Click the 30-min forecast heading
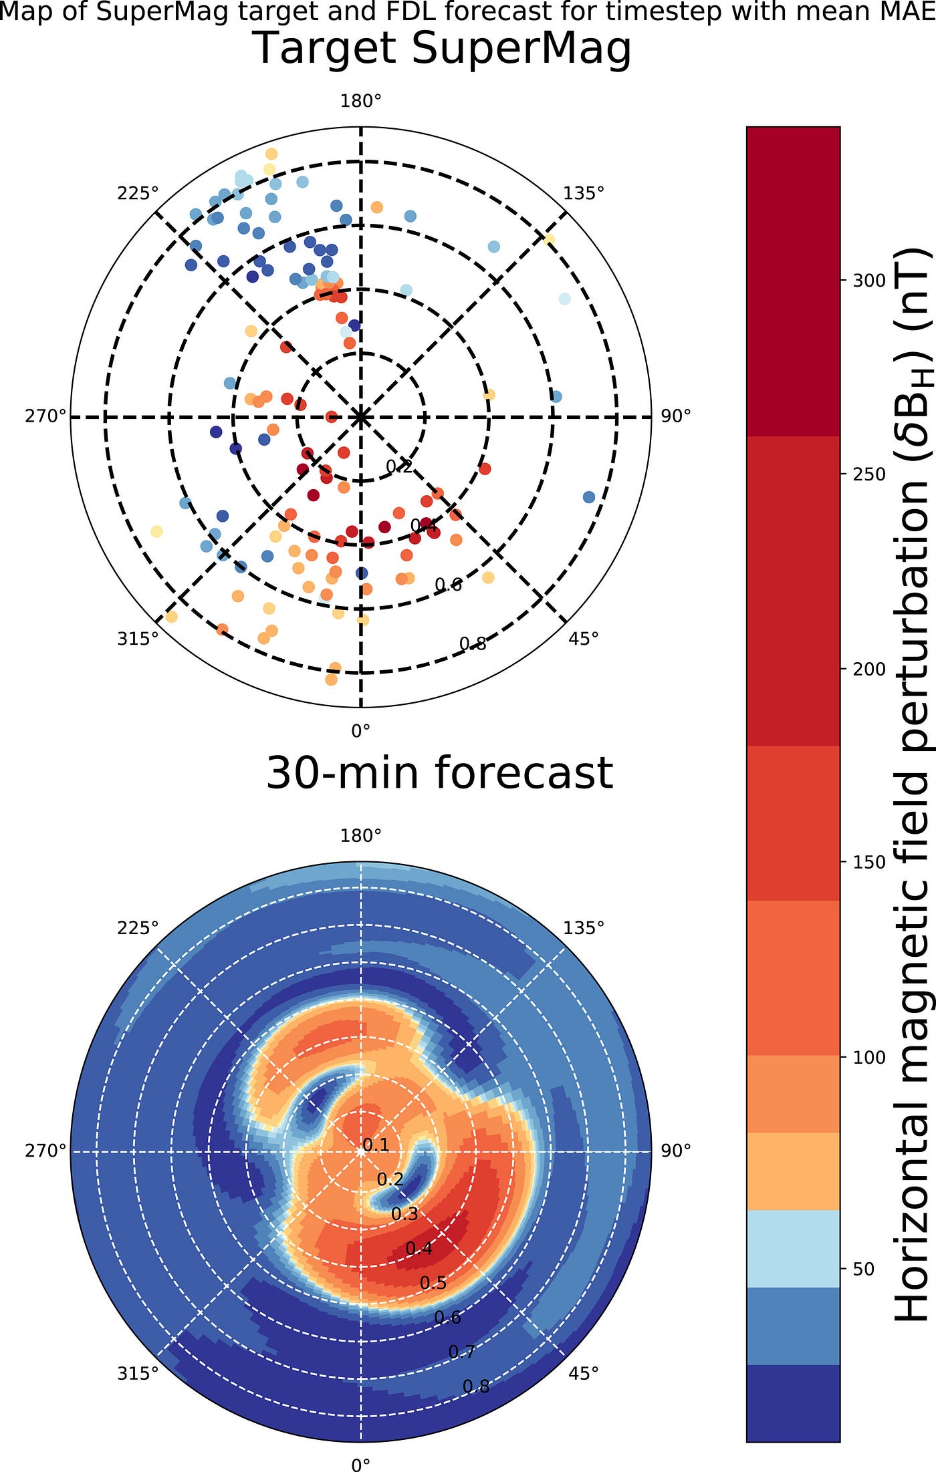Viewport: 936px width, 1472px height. pos(439,773)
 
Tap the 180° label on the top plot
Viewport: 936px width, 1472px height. pos(360,101)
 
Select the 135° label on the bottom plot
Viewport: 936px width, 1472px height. pos(583,927)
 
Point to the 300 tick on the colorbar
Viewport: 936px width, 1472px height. pos(869,281)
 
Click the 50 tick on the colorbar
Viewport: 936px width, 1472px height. pos(863,1269)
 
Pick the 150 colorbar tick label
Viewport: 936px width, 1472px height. pos(869,862)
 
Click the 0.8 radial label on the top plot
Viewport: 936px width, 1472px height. pos(473,644)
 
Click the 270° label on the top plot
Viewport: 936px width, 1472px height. pos(45,416)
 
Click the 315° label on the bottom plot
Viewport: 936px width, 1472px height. pos(138,1373)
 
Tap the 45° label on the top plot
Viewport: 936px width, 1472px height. pos(583,639)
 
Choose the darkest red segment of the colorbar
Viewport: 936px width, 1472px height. pos(793,281)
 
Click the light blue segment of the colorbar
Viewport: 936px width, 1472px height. pos(793,1248)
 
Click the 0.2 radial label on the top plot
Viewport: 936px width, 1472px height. pos(399,466)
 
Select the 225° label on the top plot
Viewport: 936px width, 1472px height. pos(138,193)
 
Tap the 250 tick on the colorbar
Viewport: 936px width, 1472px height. pos(869,474)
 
